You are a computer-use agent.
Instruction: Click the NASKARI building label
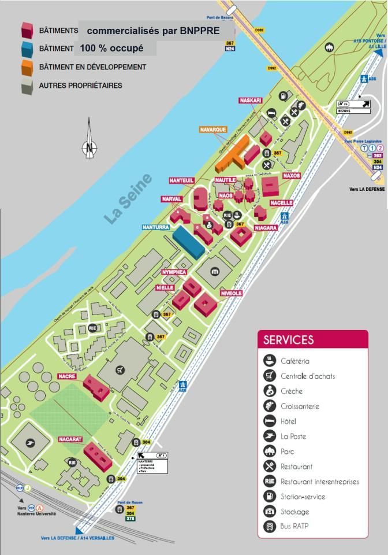(250, 101)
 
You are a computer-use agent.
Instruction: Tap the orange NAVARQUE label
(213, 129)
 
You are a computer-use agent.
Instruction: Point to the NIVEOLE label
(231, 294)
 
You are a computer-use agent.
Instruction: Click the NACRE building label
(67, 376)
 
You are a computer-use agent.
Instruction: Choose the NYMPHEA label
(174, 272)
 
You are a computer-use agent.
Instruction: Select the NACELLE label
(281, 203)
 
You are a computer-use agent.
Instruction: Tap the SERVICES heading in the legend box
(289, 340)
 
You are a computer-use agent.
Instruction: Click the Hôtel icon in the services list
(270, 421)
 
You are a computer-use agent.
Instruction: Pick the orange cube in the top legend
(27, 67)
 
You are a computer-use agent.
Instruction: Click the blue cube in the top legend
(27, 49)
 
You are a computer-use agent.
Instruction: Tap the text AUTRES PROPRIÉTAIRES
(80, 86)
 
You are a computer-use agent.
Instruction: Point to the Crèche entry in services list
(292, 391)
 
